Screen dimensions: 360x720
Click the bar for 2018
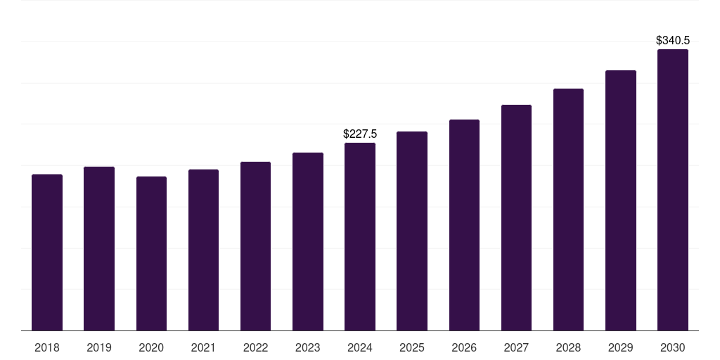point(47,252)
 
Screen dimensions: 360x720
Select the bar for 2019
point(99,249)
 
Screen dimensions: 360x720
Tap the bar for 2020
point(151,254)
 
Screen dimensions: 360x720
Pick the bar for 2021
point(203,250)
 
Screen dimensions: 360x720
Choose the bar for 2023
point(308,242)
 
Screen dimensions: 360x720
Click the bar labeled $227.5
point(360,237)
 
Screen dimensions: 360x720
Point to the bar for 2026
point(464,225)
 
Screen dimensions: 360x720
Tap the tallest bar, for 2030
point(673,190)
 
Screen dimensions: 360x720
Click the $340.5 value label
point(673,40)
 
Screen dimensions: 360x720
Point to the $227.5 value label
point(360,134)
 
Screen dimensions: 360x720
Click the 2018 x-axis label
point(47,347)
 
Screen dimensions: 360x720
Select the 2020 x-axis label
point(151,347)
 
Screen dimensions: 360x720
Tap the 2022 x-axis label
point(255,347)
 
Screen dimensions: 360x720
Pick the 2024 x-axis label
point(360,347)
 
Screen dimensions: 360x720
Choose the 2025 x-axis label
point(412,347)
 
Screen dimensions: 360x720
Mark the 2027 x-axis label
point(516,347)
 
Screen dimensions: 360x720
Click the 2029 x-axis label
point(621,347)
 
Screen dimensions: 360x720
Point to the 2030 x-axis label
point(673,347)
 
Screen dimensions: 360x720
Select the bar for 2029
point(621,200)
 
